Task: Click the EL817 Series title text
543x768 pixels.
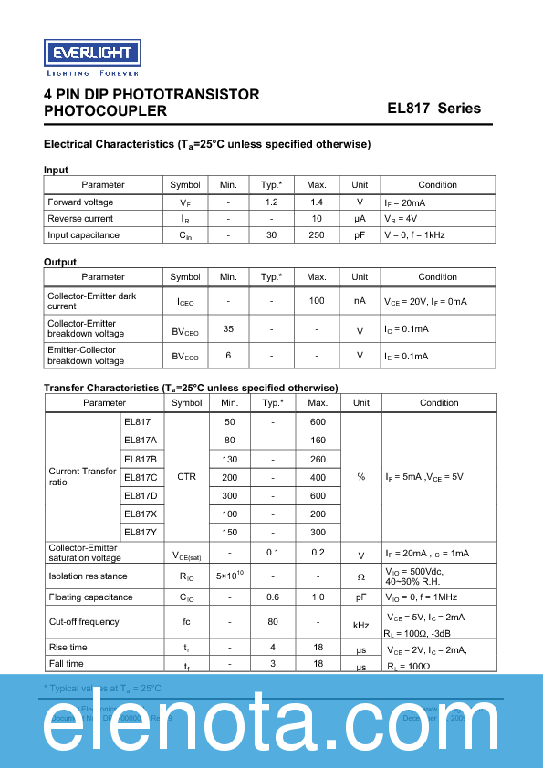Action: tap(433, 109)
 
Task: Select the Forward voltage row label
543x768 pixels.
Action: tap(80, 202)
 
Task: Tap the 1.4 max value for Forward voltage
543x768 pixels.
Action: tap(316, 202)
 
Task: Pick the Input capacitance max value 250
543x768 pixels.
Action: tap(316, 235)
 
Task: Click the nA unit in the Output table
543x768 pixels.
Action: tap(360, 300)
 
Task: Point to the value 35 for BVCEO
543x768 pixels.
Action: tap(228, 328)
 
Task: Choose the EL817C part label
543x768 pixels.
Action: tap(141, 477)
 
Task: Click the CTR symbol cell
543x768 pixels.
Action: tap(186, 477)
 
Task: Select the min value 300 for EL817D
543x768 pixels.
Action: tap(229, 495)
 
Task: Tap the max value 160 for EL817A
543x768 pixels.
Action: tap(318, 440)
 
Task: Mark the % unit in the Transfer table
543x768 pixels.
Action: tap(360, 477)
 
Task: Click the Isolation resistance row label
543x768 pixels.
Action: tap(88, 576)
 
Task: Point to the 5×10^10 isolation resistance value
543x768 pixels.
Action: tap(229, 576)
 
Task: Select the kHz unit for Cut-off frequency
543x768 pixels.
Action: tap(360, 627)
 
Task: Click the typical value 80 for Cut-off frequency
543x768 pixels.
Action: tap(272, 622)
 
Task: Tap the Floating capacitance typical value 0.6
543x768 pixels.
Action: tap(272, 597)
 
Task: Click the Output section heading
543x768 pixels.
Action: tap(60, 262)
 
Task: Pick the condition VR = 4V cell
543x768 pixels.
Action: tap(401, 219)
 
